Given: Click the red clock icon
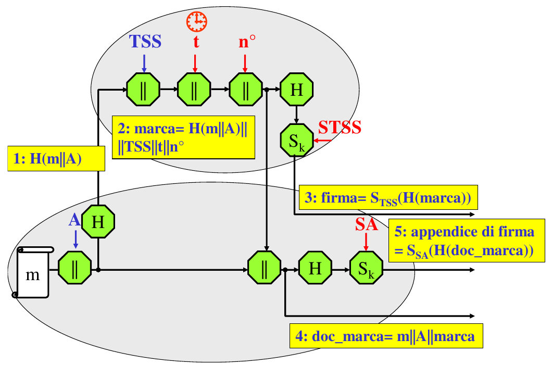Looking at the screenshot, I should [x=196, y=21].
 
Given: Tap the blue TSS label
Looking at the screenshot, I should [x=145, y=42].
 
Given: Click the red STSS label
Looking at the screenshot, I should [x=340, y=127].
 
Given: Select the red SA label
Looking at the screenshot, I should [x=367, y=224].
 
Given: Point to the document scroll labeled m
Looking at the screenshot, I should [x=33, y=272].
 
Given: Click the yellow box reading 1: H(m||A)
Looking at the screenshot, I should [x=56, y=159].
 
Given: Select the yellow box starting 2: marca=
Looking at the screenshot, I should [x=183, y=137].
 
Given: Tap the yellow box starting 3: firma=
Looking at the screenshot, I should [x=388, y=198].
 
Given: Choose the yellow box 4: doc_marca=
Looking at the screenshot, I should [x=386, y=336].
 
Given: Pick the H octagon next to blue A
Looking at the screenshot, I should [x=98, y=222].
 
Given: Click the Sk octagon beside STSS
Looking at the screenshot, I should [x=296, y=139].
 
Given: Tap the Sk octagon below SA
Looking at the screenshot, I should [x=366, y=269].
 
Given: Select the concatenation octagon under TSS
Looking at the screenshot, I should [x=143, y=90].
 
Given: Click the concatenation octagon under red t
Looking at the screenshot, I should [x=194, y=90].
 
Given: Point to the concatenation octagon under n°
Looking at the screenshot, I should [x=245, y=90].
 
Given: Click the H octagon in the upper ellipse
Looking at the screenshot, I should [x=296, y=90].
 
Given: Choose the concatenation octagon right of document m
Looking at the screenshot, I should [x=74, y=269].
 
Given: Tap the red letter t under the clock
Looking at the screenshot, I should [x=196, y=43].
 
